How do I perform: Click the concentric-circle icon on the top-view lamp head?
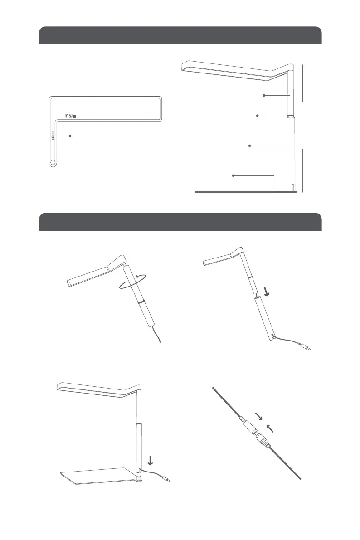pos(67,116)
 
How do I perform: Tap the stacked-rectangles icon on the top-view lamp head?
pos(75,116)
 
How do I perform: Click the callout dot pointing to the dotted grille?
pos(71,135)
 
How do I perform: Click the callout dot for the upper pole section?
pos(264,95)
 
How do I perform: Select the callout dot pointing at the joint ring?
pos(258,116)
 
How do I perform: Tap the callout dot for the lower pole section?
pos(250,146)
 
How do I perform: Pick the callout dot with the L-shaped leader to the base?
pos(233,175)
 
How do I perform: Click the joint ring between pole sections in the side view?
pos(290,116)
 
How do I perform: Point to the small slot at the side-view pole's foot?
pos(293,187)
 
